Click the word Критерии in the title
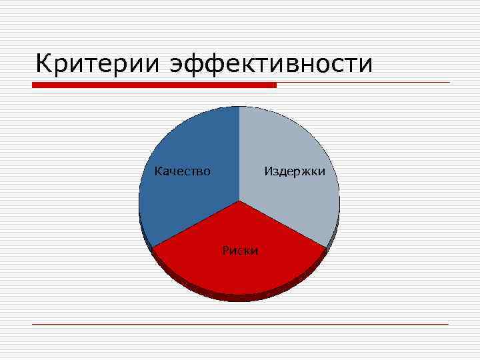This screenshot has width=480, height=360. click(x=97, y=64)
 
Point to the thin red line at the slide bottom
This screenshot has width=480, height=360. click(x=240, y=324)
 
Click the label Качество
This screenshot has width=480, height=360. click(x=183, y=171)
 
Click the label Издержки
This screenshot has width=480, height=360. click(x=295, y=171)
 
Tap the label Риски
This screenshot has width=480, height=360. click(x=240, y=251)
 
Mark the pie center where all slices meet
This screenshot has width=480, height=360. click(x=239, y=201)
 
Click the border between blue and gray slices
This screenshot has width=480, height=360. click(x=239, y=153)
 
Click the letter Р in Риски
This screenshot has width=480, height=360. click(x=225, y=251)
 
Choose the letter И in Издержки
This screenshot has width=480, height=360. click(x=268, y=171)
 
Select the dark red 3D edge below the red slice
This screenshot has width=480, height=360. click(x=240, y=297)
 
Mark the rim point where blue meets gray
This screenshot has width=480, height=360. click(x=239, y=107)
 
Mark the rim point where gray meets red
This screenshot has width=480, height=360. click(x=326, y=249)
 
